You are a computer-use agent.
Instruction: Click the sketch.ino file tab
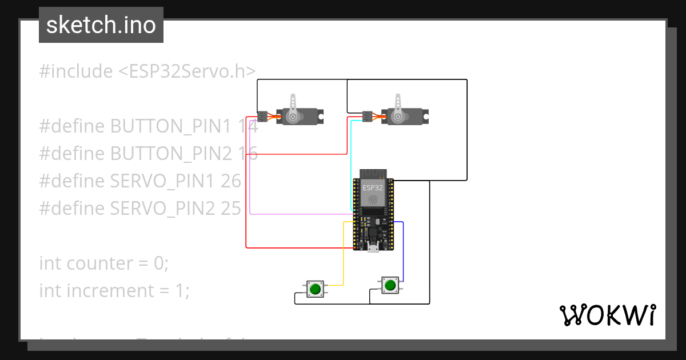[101, 25]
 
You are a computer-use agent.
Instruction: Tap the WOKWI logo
[607, 315]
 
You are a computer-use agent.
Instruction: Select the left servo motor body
[300, 117]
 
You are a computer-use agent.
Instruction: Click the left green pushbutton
[314, 289]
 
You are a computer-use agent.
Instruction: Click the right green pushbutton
[390, 285]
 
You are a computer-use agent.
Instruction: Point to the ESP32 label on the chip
[373, 187]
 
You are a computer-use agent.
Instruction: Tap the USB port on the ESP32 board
[373, 248]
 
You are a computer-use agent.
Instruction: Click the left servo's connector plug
[262, 117]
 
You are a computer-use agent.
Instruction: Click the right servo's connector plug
[368, 117]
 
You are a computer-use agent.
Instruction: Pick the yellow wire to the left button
[343, 251]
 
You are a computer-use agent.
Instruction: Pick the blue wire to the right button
[403, 251]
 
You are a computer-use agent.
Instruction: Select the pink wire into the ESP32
[297, 214]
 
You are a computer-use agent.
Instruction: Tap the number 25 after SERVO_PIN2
[231, 209]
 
